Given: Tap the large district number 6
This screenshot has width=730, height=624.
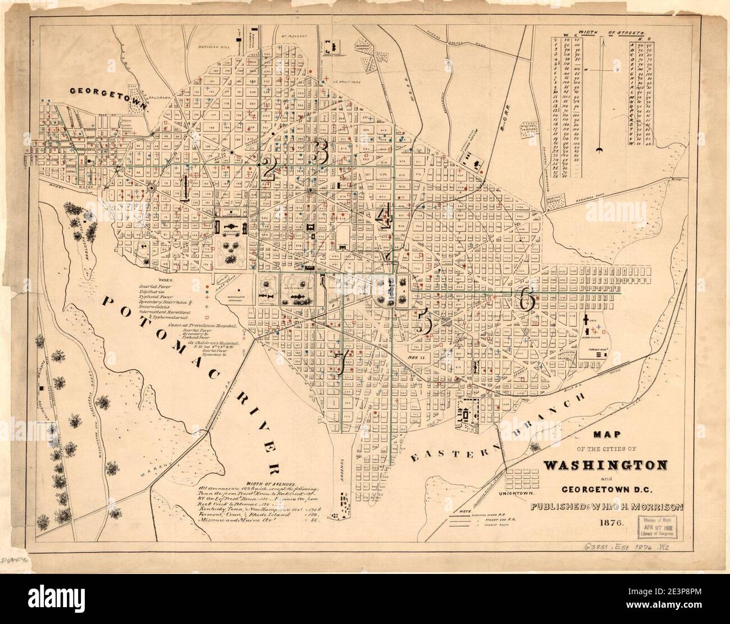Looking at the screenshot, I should [527, 299].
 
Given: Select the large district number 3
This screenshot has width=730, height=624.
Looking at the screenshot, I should [321, 152].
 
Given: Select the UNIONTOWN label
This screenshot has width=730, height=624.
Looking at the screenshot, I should [515, 493].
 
